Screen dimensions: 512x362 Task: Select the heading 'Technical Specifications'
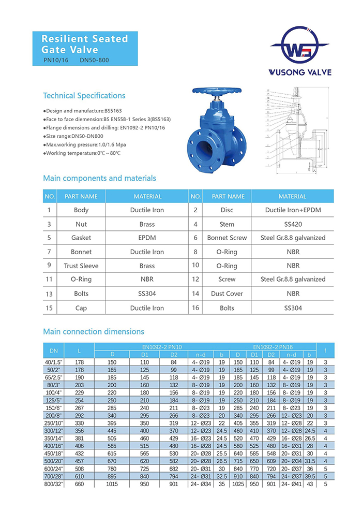point(84,96)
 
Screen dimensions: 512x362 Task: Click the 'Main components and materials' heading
point(99,178)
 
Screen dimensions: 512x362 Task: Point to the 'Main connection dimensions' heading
point(94,331)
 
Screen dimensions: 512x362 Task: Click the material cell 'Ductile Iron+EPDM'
point(292,210)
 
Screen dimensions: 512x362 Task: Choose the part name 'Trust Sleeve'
point(81,266)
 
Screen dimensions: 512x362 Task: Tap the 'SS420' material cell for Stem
point(292,224)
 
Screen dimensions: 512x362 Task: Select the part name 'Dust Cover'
point(227,294)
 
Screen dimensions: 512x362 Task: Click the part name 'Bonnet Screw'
point(227,238)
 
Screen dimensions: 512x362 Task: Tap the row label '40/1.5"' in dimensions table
point(53,363)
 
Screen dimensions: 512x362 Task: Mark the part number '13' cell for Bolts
point(49,294)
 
